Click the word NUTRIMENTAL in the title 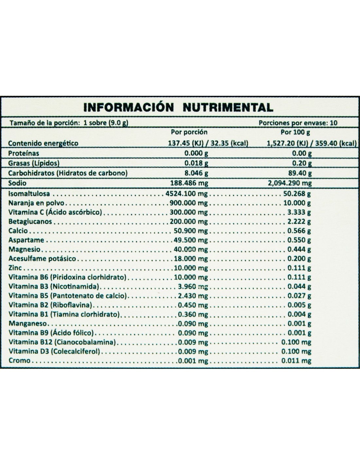click(227, 107)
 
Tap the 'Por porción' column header click(189, 132)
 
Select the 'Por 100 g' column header click(296, 132)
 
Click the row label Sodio click(17, 183)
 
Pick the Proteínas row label click(24, 153)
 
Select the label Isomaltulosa click(29, 194)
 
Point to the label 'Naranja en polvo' click(36, 203)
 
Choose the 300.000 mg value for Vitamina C click(189, 212)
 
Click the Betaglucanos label click(30, 221)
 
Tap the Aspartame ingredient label click(27, 240)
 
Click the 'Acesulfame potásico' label click(42, 259)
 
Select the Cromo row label click(20, 361)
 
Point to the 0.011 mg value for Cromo click(296, 361)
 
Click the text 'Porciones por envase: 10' click(298, 123)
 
